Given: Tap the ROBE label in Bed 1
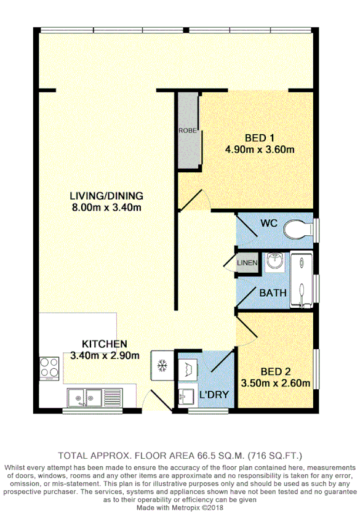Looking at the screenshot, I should coord(188,131).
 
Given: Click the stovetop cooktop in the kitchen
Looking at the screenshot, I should coord(49,368).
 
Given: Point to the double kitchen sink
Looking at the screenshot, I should coord(86,397).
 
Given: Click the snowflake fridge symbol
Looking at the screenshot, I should coord(162,366).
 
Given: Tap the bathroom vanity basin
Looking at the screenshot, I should coord(274,262).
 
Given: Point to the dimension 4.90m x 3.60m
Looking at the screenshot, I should coord(258,149).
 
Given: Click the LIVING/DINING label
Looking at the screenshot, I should coord(106,196).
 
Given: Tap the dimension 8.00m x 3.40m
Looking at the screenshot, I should coord(106,208).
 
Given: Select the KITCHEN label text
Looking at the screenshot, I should coord(105,344).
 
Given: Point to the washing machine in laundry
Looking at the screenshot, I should coord(189,368).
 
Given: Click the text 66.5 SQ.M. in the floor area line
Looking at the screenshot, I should coord(207,456).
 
